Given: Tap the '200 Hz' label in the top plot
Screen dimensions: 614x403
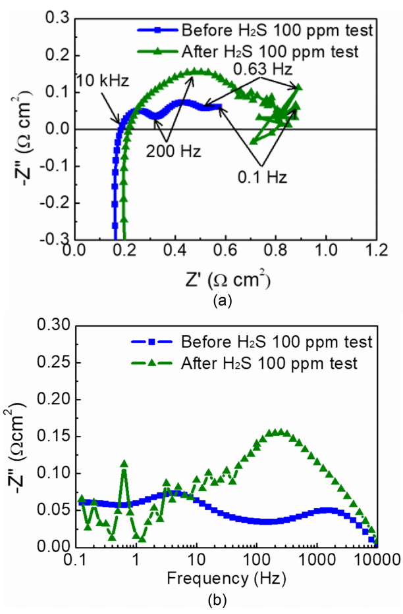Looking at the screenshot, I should coord(165,151).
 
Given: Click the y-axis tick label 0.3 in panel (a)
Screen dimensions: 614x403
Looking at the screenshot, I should coord(58,19).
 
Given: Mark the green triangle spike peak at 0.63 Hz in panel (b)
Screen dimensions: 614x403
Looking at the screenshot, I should coord(123,464).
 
